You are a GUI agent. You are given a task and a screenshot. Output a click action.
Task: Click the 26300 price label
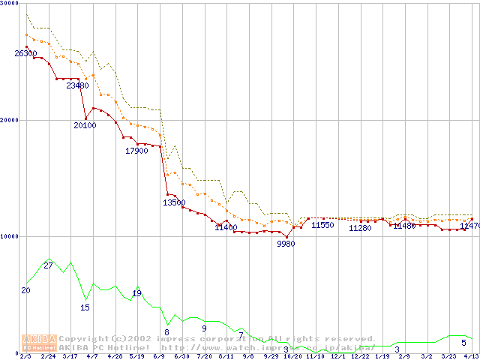tap(25, 53)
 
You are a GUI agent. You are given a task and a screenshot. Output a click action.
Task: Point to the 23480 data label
tap(77, 85)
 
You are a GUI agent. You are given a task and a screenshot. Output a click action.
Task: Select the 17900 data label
tap(136, 151)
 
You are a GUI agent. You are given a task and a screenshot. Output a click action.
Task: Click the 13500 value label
tap(174, 202)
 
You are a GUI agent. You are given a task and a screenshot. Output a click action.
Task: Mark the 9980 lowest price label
tap(286, 244)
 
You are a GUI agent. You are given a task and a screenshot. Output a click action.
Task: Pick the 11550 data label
tap(322, 224)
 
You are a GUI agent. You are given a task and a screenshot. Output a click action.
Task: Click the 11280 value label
tap(361, 228)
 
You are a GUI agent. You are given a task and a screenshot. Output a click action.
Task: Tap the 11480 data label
tap(404, 225)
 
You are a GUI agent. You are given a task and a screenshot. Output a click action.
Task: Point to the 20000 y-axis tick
tap(9, 120)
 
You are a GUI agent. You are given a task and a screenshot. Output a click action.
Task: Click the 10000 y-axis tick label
tap(9, 236)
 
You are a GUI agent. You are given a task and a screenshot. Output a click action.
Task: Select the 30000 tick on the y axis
tap(9, 4)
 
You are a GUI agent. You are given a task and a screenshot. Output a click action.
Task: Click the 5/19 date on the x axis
tap(136, 356)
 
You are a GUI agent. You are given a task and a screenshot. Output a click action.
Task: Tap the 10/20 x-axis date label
tap(292, 356)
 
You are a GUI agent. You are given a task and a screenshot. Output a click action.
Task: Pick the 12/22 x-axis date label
tap(360, 356)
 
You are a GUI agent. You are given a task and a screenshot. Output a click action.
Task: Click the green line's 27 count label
tap(48, 265)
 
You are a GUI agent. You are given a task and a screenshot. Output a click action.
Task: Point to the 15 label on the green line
tap(85, 307)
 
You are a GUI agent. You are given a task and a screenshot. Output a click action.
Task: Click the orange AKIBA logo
tap(39, 343)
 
